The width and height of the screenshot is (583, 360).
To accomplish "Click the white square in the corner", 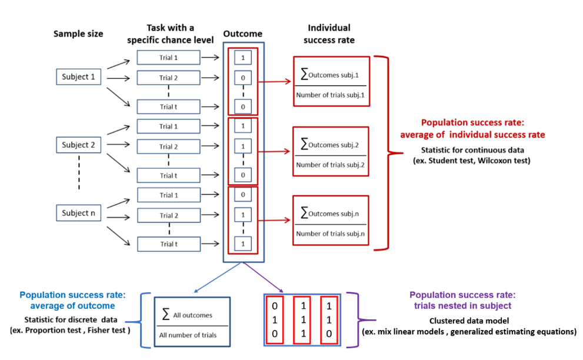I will click(36, 15).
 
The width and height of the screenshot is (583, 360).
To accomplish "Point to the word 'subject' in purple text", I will click(496, 306).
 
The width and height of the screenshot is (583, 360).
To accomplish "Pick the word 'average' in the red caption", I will click(419, 135).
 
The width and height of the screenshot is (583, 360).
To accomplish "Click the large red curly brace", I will click(388, 153).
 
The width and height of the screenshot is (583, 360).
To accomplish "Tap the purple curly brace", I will click(354, 320).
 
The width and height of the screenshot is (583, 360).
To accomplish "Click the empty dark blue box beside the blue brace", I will click(192, 321).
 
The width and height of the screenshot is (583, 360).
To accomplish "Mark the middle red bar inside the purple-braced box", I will click(301, 320).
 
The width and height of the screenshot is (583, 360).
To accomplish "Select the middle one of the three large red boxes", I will click(331, 151).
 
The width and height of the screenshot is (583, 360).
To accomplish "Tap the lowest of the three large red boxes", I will click(331, 220).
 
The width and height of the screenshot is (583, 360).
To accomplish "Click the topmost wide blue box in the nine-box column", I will click(168, 57).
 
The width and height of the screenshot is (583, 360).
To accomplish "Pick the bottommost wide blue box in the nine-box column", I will click(168, 244).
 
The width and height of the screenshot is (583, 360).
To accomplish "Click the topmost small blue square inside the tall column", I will click(243, 57).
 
